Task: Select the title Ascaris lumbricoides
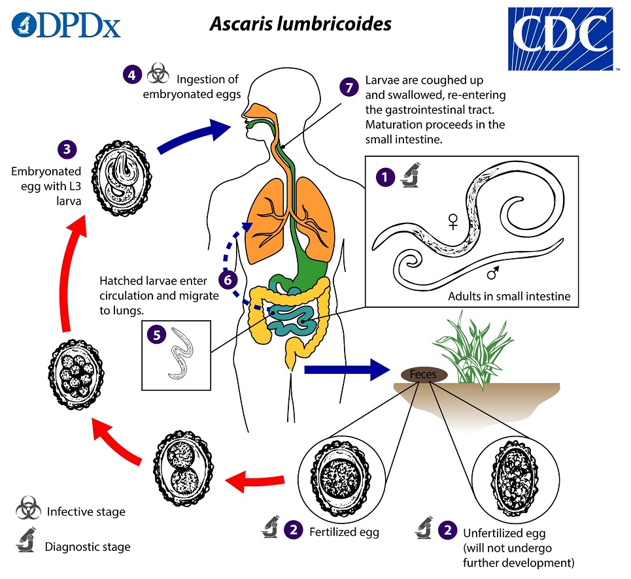(300, 24)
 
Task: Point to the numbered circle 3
(66, 149)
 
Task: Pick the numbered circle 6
(228, 280)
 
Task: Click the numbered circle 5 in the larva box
(156, 335)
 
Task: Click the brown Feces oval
(424, 374)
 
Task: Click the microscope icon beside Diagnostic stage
(28, 544)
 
